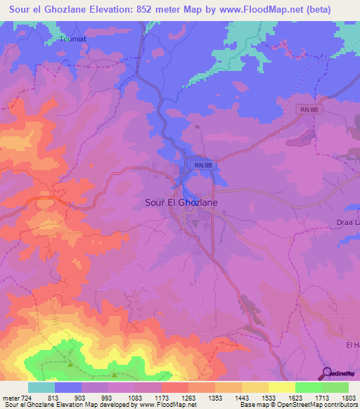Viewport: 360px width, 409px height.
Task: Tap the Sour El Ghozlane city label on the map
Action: (181, 202)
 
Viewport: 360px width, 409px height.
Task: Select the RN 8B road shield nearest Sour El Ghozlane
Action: (203, 164)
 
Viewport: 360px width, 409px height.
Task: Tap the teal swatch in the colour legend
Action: (41, 387)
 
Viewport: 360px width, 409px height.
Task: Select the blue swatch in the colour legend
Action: (68, 387)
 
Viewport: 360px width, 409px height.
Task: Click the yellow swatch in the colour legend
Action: (281, 387)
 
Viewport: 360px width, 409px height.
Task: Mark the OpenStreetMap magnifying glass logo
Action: (326, 372)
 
